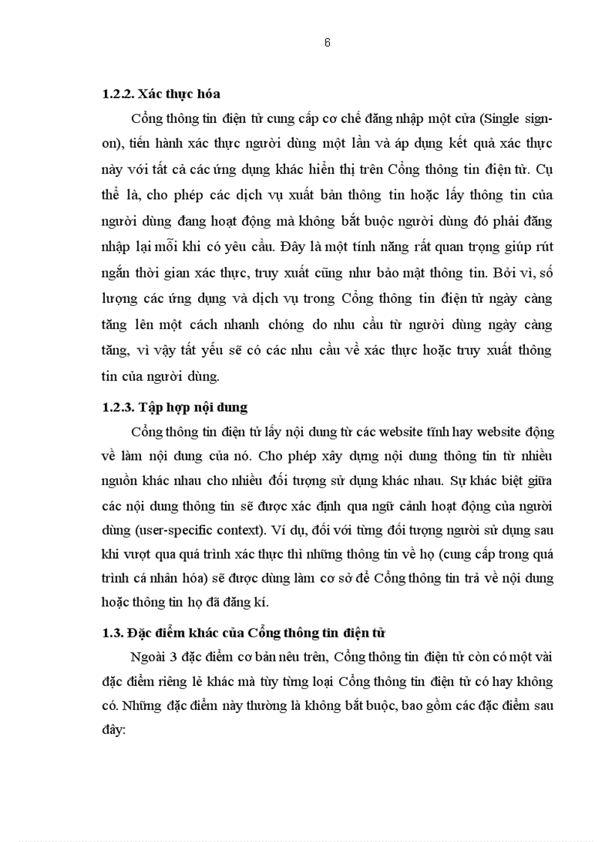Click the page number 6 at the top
coord(327,43)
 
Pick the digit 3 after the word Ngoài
coord(181,658)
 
